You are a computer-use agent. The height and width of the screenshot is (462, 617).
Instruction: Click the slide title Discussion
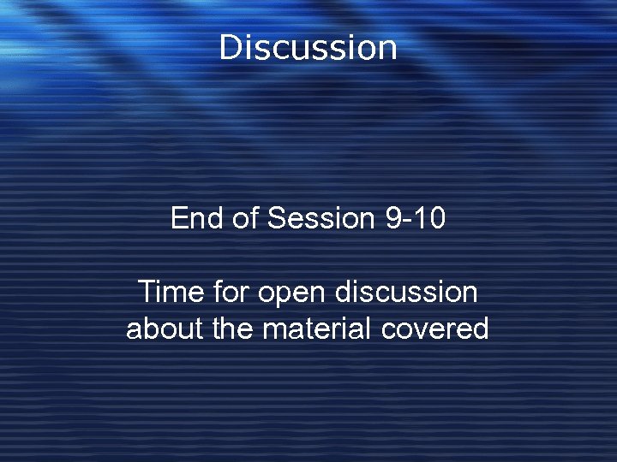(x=308, y=48)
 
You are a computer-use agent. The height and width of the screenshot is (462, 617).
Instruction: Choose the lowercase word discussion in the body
(x=406, y=293)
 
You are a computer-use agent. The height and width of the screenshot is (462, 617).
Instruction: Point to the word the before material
(x=232, y=329)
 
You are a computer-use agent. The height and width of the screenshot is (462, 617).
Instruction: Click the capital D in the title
(x=230, y=48)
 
